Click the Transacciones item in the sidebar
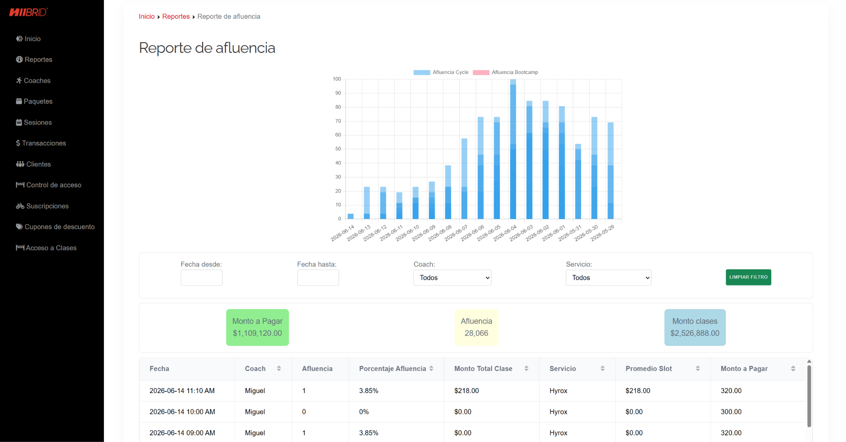pyautogui.click(x=41, y=143)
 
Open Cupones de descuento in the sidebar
pyautogui.click(x=55, y=227)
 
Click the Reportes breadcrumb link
pyautogui.click(x=176, y=16)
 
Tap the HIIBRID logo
pyautogui.click(x=28, y=12)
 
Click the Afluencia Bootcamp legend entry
pyautogui.click(x=505, y=72)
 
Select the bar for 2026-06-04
pyautogui.click(x=513, y=149)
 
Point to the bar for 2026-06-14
pyautogui.click(x=351, y=216)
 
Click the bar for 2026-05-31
pyautogui.click(x=578, y=181)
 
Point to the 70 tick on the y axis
pyautogui.click(x=338, y=121)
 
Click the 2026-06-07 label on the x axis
pyautogui.click(x=456, y=233)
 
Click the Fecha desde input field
pyautogui.click(x=201, y=278)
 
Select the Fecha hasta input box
pyautogui.click(x=318, y=278)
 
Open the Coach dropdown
pyautogui.click(x=452, y=278)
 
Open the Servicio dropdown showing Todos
pyautogui.click(x=608, y=278)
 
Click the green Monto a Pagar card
pyautogui.click(x=257, y=327)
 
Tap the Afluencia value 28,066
pyautogui.click(x=476, y=333)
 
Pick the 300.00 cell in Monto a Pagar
pyautogui.click(x=731, y=412)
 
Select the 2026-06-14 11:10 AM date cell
pyautogui.click(x=182, y=391)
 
